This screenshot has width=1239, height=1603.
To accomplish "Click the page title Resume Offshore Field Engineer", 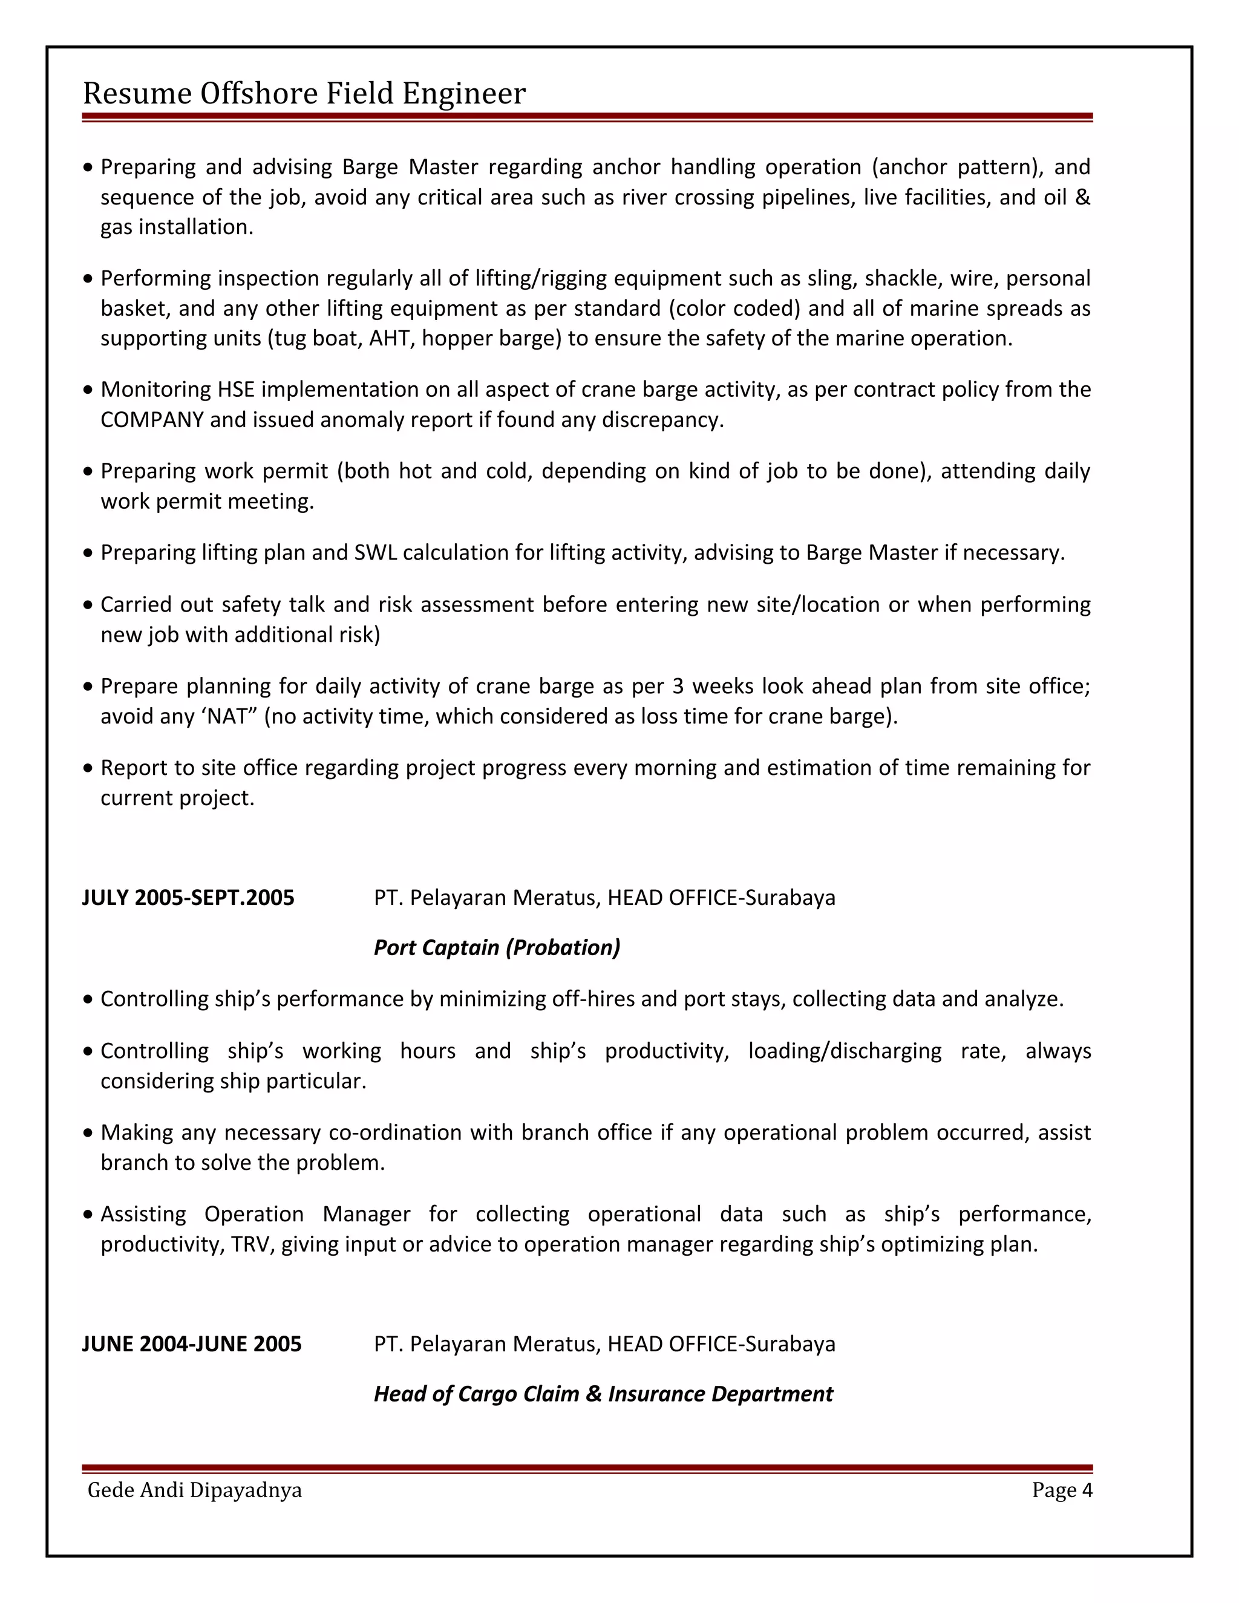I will coord(304,93).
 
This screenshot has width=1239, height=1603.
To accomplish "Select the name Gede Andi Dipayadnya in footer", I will coord(195,1490).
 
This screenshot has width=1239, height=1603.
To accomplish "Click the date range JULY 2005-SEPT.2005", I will coord(188,898).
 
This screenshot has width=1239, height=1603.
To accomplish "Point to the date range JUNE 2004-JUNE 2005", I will coord(192,1344).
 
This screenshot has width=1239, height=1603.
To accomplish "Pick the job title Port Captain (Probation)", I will coord(497,947).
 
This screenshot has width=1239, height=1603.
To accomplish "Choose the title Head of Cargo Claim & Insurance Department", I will coord(603,1394).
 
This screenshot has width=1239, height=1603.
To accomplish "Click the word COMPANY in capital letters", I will coord(152,420).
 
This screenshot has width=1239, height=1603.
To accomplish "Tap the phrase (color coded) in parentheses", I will coord(734,309).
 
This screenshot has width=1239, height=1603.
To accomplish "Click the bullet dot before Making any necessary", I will coord(88,1133).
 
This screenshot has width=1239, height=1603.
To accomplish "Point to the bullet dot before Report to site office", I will coord(88,768).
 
